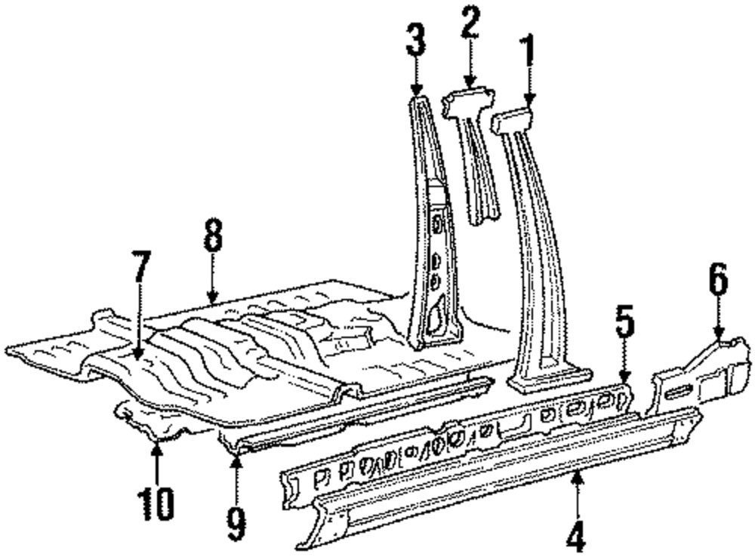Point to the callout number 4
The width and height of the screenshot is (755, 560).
tap(577, 539)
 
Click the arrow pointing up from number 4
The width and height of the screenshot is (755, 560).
tap(578, 491)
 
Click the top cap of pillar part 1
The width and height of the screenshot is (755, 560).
tap(512, 119)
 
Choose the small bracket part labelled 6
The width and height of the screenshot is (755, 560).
tap(698, 377)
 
